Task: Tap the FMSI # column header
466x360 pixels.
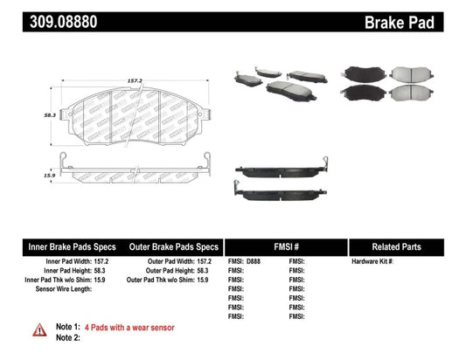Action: (x=286, y=247)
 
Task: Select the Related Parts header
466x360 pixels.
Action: (x=407, y=247)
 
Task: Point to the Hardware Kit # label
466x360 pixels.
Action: (x=373, y=261)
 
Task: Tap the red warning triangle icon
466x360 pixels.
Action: (x=40, y=330)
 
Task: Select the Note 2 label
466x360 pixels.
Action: (x=68, y=337)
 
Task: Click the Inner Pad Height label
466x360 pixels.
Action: (x=69, y=270)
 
